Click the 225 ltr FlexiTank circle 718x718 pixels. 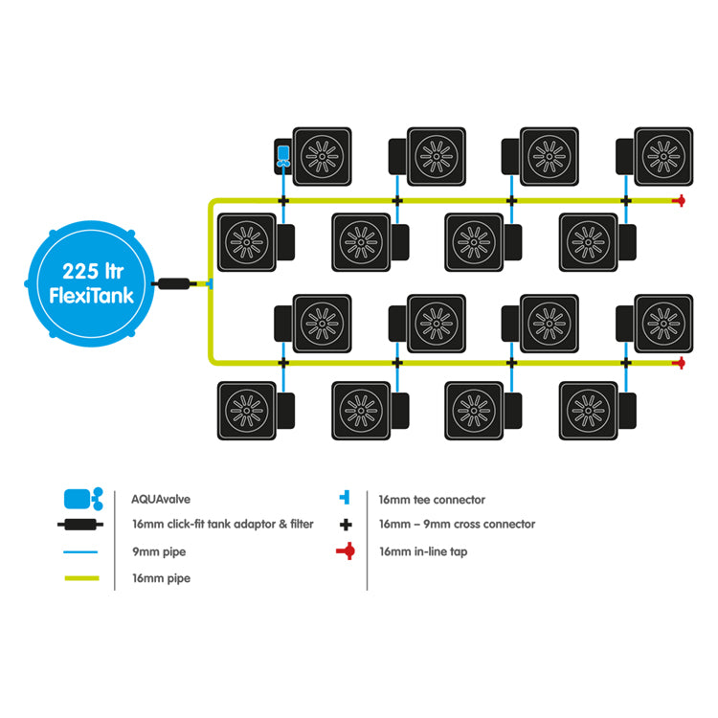click(x=91, y=283)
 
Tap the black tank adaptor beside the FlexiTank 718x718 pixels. click(x=174, y=284)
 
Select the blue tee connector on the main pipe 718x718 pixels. click(x=210, y=284)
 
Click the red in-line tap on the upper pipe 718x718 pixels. click(x=680, y=201)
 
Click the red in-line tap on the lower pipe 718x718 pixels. click(x=680, y=363)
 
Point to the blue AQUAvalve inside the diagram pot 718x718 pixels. click(x=283, y=156)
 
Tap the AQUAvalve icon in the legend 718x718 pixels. click(x=83, y=499)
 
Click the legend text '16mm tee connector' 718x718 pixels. click(x=432, y=500)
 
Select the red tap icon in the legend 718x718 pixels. click(x=346, y=550)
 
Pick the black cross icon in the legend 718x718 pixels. click(x=347, y=525)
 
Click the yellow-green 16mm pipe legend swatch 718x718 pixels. click(x=82, y=578)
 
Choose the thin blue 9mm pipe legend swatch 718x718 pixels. click(x=80, y=552)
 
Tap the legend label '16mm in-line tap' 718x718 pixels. click(x=423, y=551)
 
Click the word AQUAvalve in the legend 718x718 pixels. click(x=161, y=499)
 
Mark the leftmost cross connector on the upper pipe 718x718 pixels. click(x=283, y=201)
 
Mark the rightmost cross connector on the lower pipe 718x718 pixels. click(x=626, y=363)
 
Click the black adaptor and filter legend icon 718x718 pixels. click(x=80, y=525)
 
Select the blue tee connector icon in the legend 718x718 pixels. click(x=346, y=497)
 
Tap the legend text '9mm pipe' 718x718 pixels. click(x=159, y=551)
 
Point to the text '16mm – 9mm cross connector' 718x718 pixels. click(x=457, y=525)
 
